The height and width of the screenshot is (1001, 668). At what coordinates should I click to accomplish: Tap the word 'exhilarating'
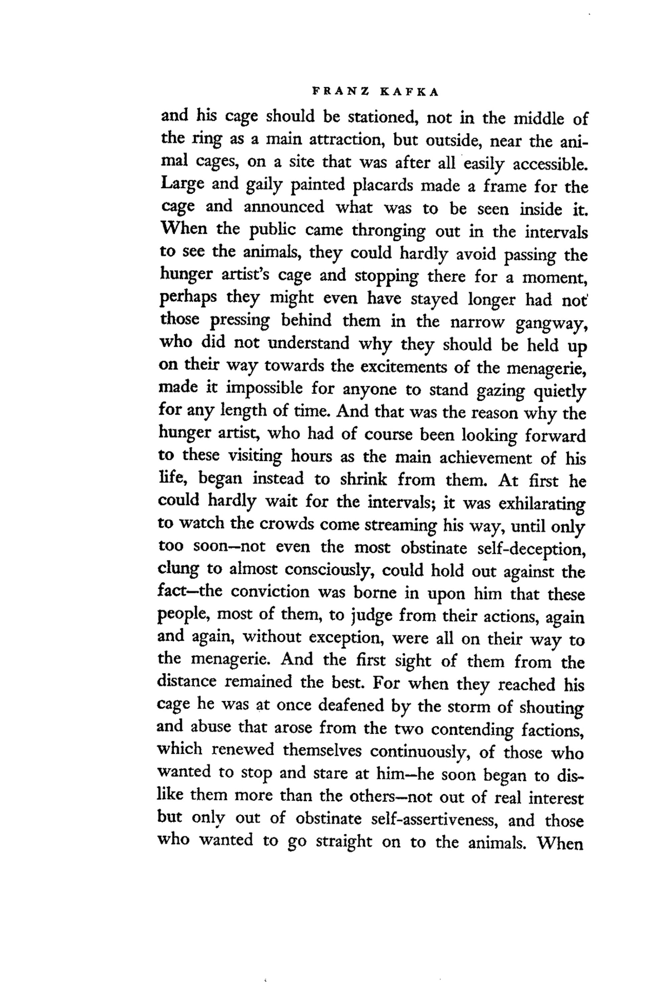click(542, 504)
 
